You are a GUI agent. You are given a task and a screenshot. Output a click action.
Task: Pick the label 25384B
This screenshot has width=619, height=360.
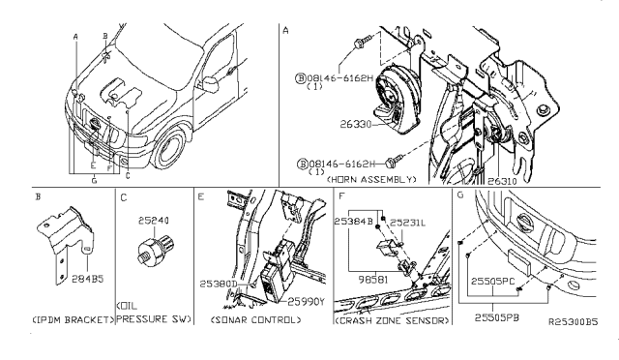pyautogui.click(x=352, y=221)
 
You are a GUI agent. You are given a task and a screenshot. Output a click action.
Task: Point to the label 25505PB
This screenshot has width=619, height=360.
pyautogui.click(x=499, y=313)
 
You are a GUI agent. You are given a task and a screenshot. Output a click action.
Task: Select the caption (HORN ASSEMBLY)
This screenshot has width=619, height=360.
pyautogui.click(x=371, y=180)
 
